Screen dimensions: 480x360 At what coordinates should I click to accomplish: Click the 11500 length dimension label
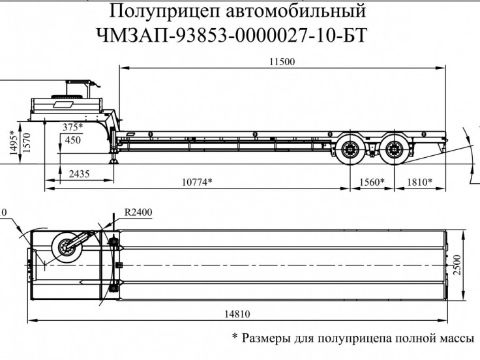click(282, 62)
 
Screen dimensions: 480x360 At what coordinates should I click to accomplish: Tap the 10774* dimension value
click(197, 182)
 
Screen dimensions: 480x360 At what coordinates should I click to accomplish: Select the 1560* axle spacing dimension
click(372, 182)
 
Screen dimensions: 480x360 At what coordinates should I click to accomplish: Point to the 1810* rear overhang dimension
click(419, 182)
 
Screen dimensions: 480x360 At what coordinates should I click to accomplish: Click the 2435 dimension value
click(79, 174)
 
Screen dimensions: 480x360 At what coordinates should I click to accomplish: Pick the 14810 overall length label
click(237, 314)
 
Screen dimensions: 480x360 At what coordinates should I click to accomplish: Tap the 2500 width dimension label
click(457, 265)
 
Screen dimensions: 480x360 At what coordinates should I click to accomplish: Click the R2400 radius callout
click(138, 212)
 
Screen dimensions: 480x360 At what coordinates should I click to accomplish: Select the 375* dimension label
click(73, 127)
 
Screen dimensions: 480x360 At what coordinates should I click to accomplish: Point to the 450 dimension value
click(73, 140)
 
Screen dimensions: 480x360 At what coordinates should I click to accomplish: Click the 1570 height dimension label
click(27, 142)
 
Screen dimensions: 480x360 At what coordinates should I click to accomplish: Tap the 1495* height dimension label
click(14, 143)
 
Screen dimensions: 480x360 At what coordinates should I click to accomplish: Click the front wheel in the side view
click(350, 150)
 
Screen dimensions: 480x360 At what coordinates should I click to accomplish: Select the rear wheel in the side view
click(394, 150)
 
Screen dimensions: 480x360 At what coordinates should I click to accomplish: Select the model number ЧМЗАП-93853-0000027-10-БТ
click(232, 35)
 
